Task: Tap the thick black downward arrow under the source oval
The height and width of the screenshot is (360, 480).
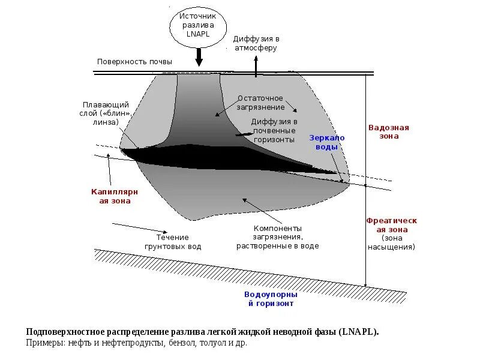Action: click(199, 57)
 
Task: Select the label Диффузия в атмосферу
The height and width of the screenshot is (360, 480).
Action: click(256, 43)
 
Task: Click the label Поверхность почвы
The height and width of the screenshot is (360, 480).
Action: click(134, 62)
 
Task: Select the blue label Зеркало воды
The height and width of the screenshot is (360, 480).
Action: click(327, 142)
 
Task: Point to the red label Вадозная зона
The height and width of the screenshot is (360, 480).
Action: click(388, 132)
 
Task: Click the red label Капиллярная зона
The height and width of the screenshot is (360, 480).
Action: click(115, 196)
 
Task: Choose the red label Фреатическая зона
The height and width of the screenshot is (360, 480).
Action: click(391, 225)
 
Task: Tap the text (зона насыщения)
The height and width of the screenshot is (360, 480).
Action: click(391, 242)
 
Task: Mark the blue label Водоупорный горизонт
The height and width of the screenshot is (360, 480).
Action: click(269, 299)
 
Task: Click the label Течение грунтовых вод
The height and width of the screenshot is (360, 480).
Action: click(173, 242)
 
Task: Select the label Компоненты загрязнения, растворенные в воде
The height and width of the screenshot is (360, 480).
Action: click(277, 237)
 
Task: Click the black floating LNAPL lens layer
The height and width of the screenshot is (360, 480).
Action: click(228, 160)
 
